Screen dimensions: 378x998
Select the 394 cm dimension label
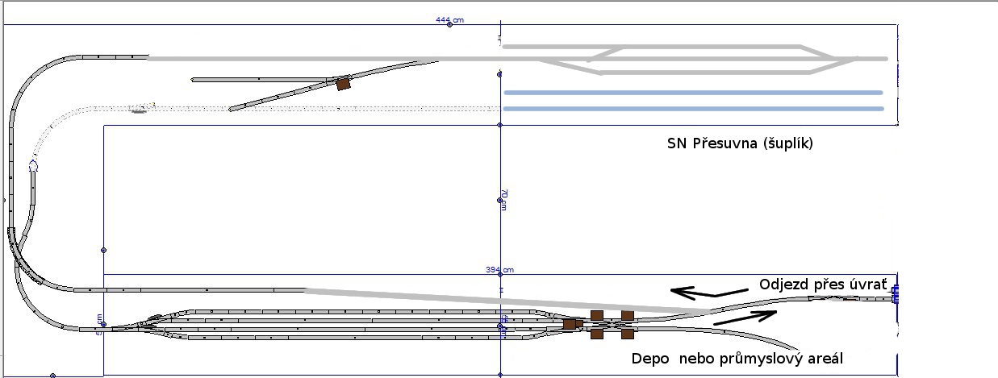(499, 269)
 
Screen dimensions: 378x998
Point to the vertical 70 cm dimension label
(503, 200)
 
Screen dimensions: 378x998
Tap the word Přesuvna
(727, 144)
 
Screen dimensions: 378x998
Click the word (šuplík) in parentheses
(790, 145)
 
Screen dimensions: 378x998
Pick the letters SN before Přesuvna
(678, 144)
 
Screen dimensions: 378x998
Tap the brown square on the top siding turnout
(344, 82)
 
